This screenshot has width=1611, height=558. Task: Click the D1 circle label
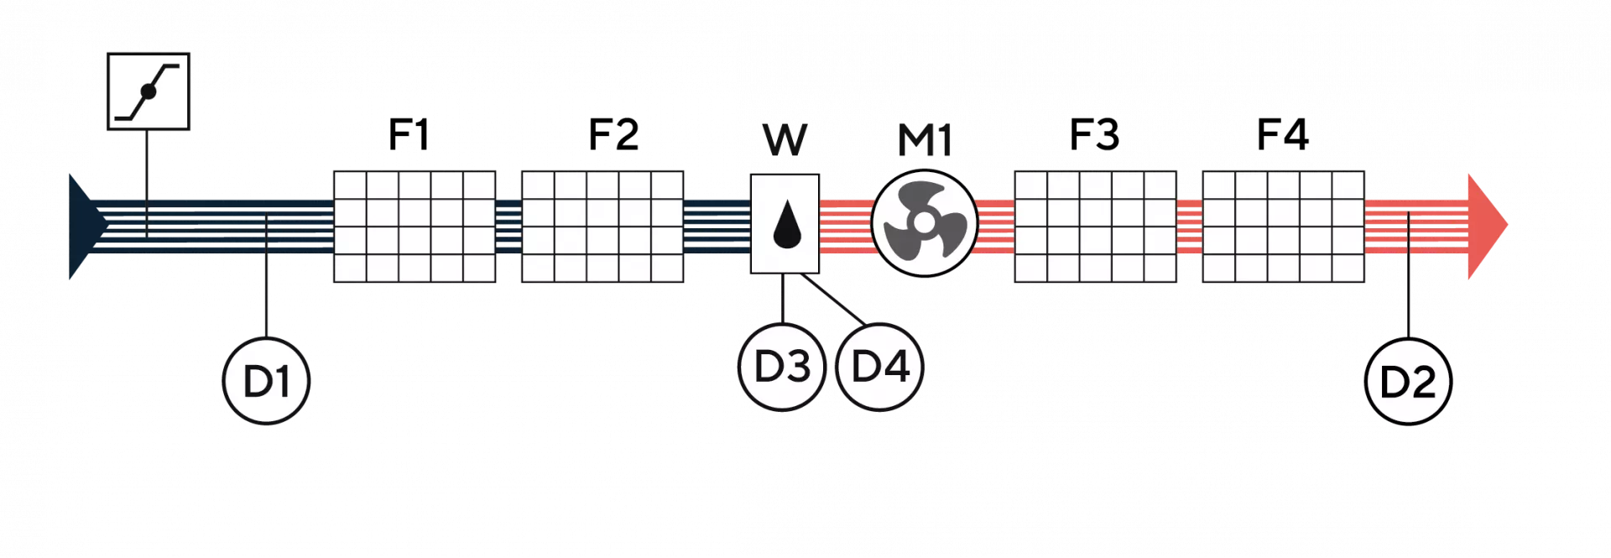(x=267, y=382)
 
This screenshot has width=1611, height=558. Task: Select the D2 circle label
(x=1408, y=383)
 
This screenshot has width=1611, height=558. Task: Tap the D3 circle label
(x=781, y=367)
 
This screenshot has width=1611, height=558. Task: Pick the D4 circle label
(x=880, y=367)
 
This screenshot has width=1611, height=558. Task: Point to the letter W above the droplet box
(x=785, y=139)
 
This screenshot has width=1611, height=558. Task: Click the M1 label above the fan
(x=925, y=139)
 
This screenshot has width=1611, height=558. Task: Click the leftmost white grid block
(x=414, y=226)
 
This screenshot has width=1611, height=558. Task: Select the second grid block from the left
(x=602, y=226)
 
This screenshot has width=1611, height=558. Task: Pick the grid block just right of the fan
(x=1095, y=226)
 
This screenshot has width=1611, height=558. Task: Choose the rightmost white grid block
(x=1283, y=226)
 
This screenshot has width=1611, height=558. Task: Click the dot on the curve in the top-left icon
(x=149, y=91)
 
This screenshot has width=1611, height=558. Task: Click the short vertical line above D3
(x=782, y=297)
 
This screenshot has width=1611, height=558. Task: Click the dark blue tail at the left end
(x=80, y=225)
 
